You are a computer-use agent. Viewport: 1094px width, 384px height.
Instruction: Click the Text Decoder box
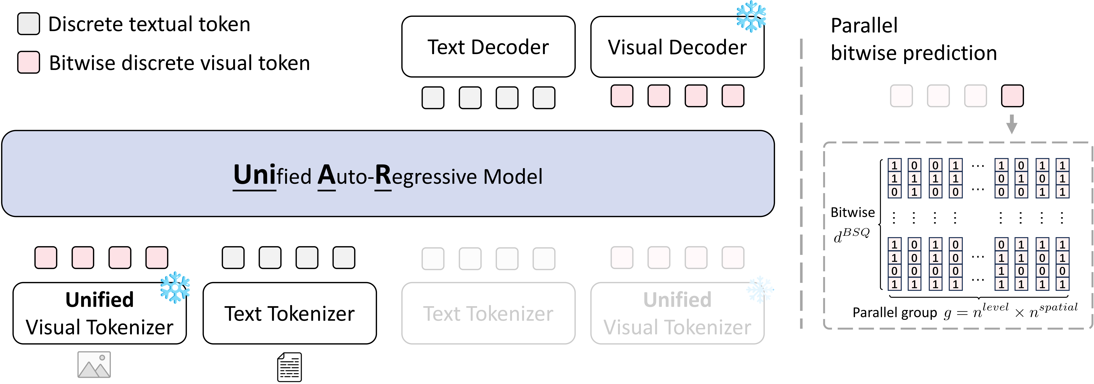pos(488,47)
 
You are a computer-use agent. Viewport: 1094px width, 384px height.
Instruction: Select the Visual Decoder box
pos(677,47)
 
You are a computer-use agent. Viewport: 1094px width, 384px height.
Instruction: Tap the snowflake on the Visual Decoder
pos(751,16)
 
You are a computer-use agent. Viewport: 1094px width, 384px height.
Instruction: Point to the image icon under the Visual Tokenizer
pos(94,365)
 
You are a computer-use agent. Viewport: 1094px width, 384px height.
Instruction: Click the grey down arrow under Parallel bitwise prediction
pos(1012,124)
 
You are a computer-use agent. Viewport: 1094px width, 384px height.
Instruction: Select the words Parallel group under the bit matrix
pos(894,313)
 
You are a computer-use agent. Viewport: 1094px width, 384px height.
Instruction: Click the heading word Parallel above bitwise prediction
pos(864,26)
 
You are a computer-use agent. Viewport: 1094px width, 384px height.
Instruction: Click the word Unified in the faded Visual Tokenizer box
pos(677,299)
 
